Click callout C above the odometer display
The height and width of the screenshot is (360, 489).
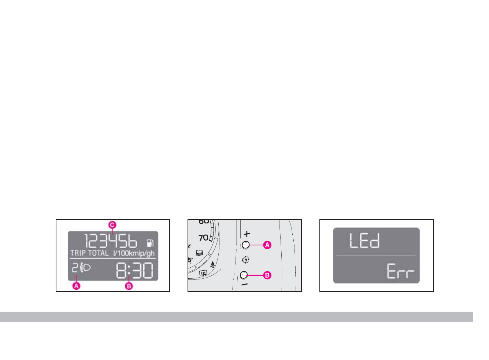pos(112,225)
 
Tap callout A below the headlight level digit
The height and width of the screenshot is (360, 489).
pos(76,286)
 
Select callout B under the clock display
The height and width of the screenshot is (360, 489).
pos(129,286)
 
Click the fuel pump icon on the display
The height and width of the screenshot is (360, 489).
pos(150,243)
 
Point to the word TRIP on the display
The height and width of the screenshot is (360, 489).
pos(78,253)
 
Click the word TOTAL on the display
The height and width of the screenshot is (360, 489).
pos(98,253)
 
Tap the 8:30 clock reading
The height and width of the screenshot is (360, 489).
pos(135,271)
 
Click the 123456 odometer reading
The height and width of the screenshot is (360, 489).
pos(111,242)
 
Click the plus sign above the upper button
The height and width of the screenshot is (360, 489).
pos(247,234)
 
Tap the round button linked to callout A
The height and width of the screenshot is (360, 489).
pos(245,245)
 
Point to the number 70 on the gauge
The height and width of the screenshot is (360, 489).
pos(204,238)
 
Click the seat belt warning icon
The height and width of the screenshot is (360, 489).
pos(213,264)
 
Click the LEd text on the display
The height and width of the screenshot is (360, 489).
pos(364,241)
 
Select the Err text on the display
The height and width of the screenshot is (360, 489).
pos(400,271)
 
